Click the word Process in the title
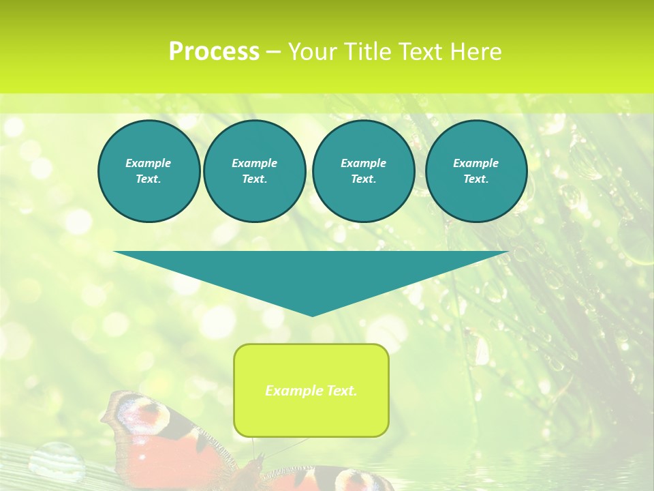214,52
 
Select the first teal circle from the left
149,171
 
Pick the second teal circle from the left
254,171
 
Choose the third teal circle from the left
363,171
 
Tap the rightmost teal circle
476,171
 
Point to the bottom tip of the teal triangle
312,315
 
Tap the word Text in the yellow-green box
341,391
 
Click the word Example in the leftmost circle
149,163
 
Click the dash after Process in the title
274,52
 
